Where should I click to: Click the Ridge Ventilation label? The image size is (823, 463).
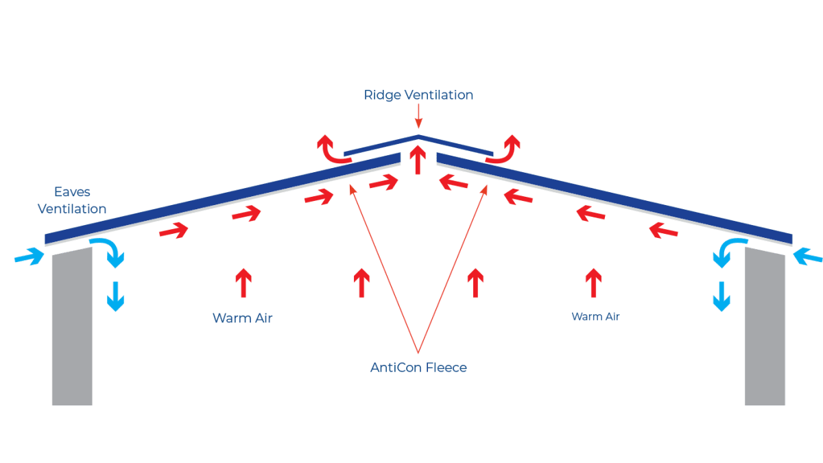418,95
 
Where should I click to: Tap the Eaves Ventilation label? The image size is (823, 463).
72,200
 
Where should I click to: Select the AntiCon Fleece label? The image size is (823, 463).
418,368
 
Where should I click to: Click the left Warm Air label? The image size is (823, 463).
243,318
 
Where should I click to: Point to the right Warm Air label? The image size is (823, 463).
596,317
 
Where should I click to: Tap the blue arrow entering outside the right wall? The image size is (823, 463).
807,257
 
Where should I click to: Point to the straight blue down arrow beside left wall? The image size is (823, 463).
115,296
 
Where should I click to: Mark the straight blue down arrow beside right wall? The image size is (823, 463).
721,296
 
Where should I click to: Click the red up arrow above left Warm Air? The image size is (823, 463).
243,283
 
